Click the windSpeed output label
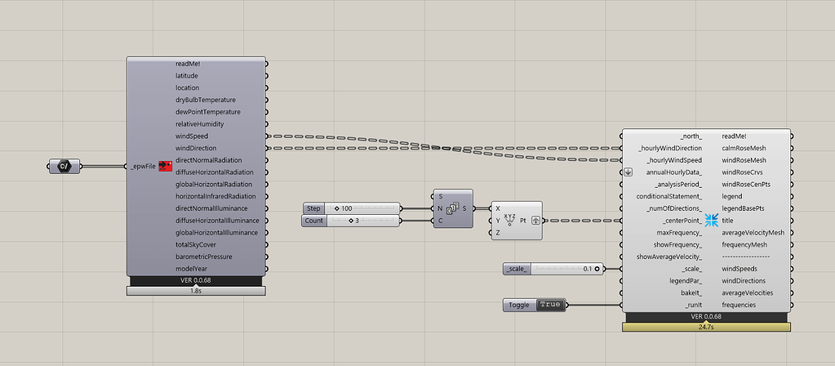pyautogui.click(x=192, y=136)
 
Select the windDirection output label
pyautogui.click(x=196, y=148)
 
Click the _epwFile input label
pyautogui.click(x=144, y=167)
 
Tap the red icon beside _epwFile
pyautogui.click(x=166, y=167)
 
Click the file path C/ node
pyautogui.click(x=64, y=167)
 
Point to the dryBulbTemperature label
pyautogui.click(x=206, y=100)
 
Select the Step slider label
pyautogui.click(x=313, y=208)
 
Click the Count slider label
pyautogui.click(x=314, y=221)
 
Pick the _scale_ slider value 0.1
pyautogui.click(x=588, y=269)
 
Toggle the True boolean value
pyautogui.click(x=549, y=305)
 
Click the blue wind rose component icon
pyautogui.click(x=712, y=220)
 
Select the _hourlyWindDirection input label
pyautogui.click(x=670, y=148)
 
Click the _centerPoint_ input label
pyautogui.click(x=682, y=221)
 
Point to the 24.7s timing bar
pyautogui.click(x=706, y=327)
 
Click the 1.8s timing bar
pyautogui.click(x=196, y=291)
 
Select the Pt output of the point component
pyautogui.click(x=523, y=220)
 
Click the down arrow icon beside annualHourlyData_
pyautogui.click(x=628, y=172)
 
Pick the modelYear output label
pyautogui.click(x=192, y=269)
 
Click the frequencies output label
pyautogui.click(x=739, y=306)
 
